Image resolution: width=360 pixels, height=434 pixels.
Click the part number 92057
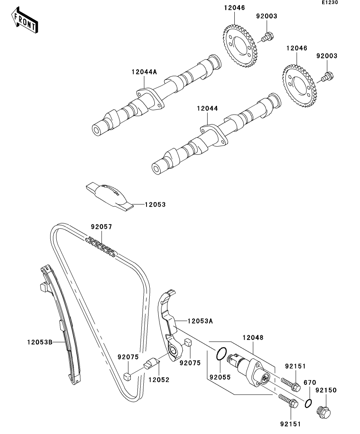(x=102, y=227)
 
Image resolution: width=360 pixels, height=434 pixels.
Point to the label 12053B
(x=40, y=342)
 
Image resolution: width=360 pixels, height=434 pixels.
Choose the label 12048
(x=253, y=338)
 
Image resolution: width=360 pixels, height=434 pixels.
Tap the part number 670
(x=310, y=382)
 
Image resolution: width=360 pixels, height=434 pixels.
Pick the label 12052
(x=159, y=380)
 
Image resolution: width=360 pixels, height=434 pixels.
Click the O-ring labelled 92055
(x=221, y=354)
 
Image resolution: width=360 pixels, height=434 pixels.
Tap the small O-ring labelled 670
(x=308, y=403)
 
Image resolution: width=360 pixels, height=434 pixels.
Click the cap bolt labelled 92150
(x=323, y=412)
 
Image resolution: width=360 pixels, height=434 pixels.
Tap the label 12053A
(x=200, y=321)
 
